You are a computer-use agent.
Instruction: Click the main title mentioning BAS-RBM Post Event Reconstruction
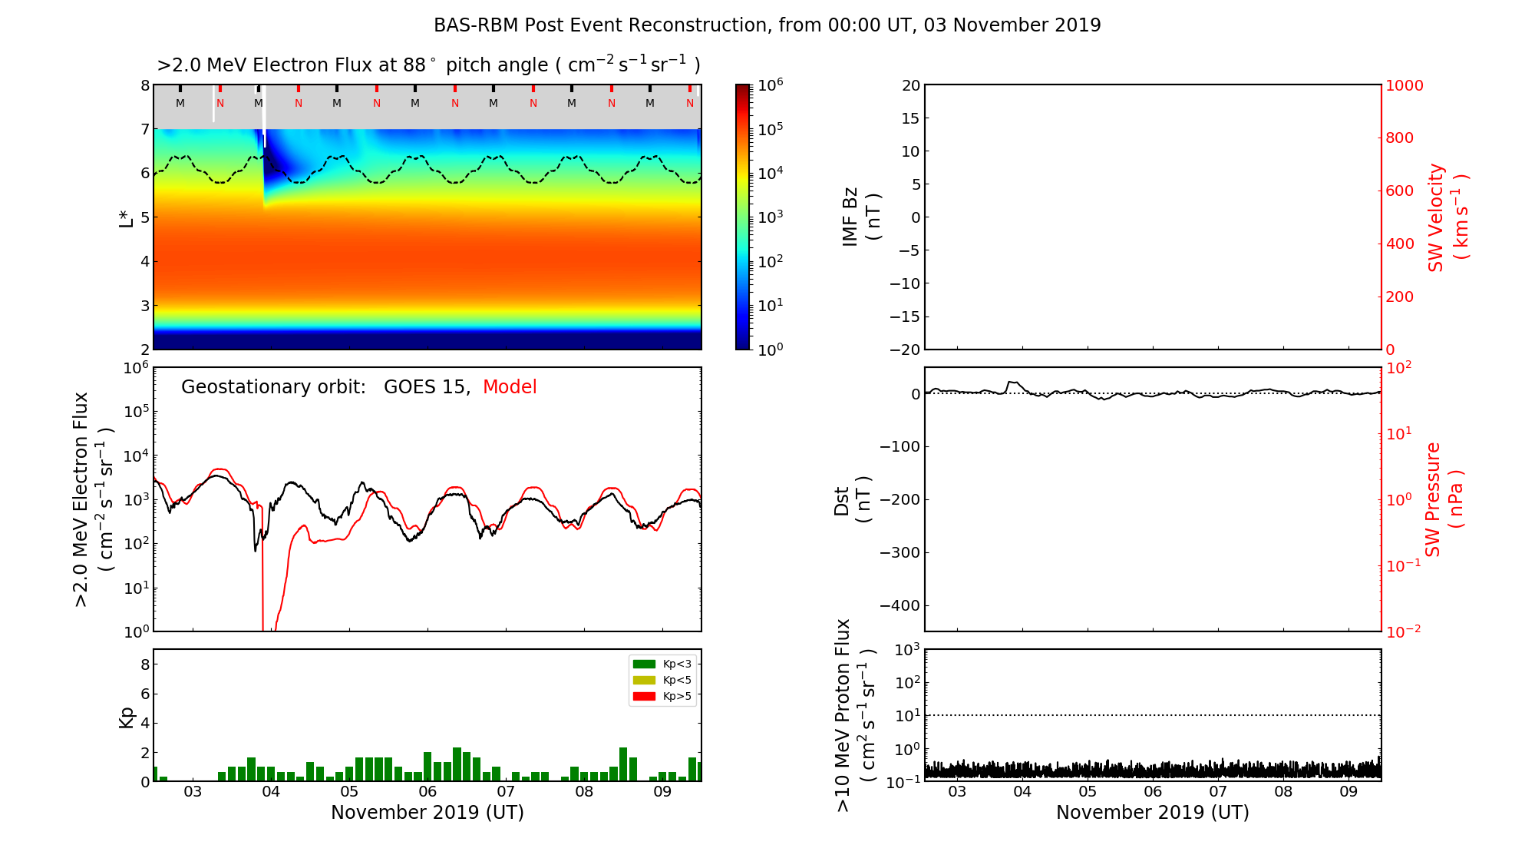tap(767, 25)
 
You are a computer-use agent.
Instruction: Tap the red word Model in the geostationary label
tap(510, 387)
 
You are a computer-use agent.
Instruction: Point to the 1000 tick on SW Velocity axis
tap(1404, 85)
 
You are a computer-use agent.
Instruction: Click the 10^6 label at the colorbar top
tap(770, 84)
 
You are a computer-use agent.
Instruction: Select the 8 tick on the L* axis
tap(145, 85)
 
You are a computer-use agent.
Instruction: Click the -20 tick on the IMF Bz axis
tap(904, 350)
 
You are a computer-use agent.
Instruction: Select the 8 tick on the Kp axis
tap(145, 664)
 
